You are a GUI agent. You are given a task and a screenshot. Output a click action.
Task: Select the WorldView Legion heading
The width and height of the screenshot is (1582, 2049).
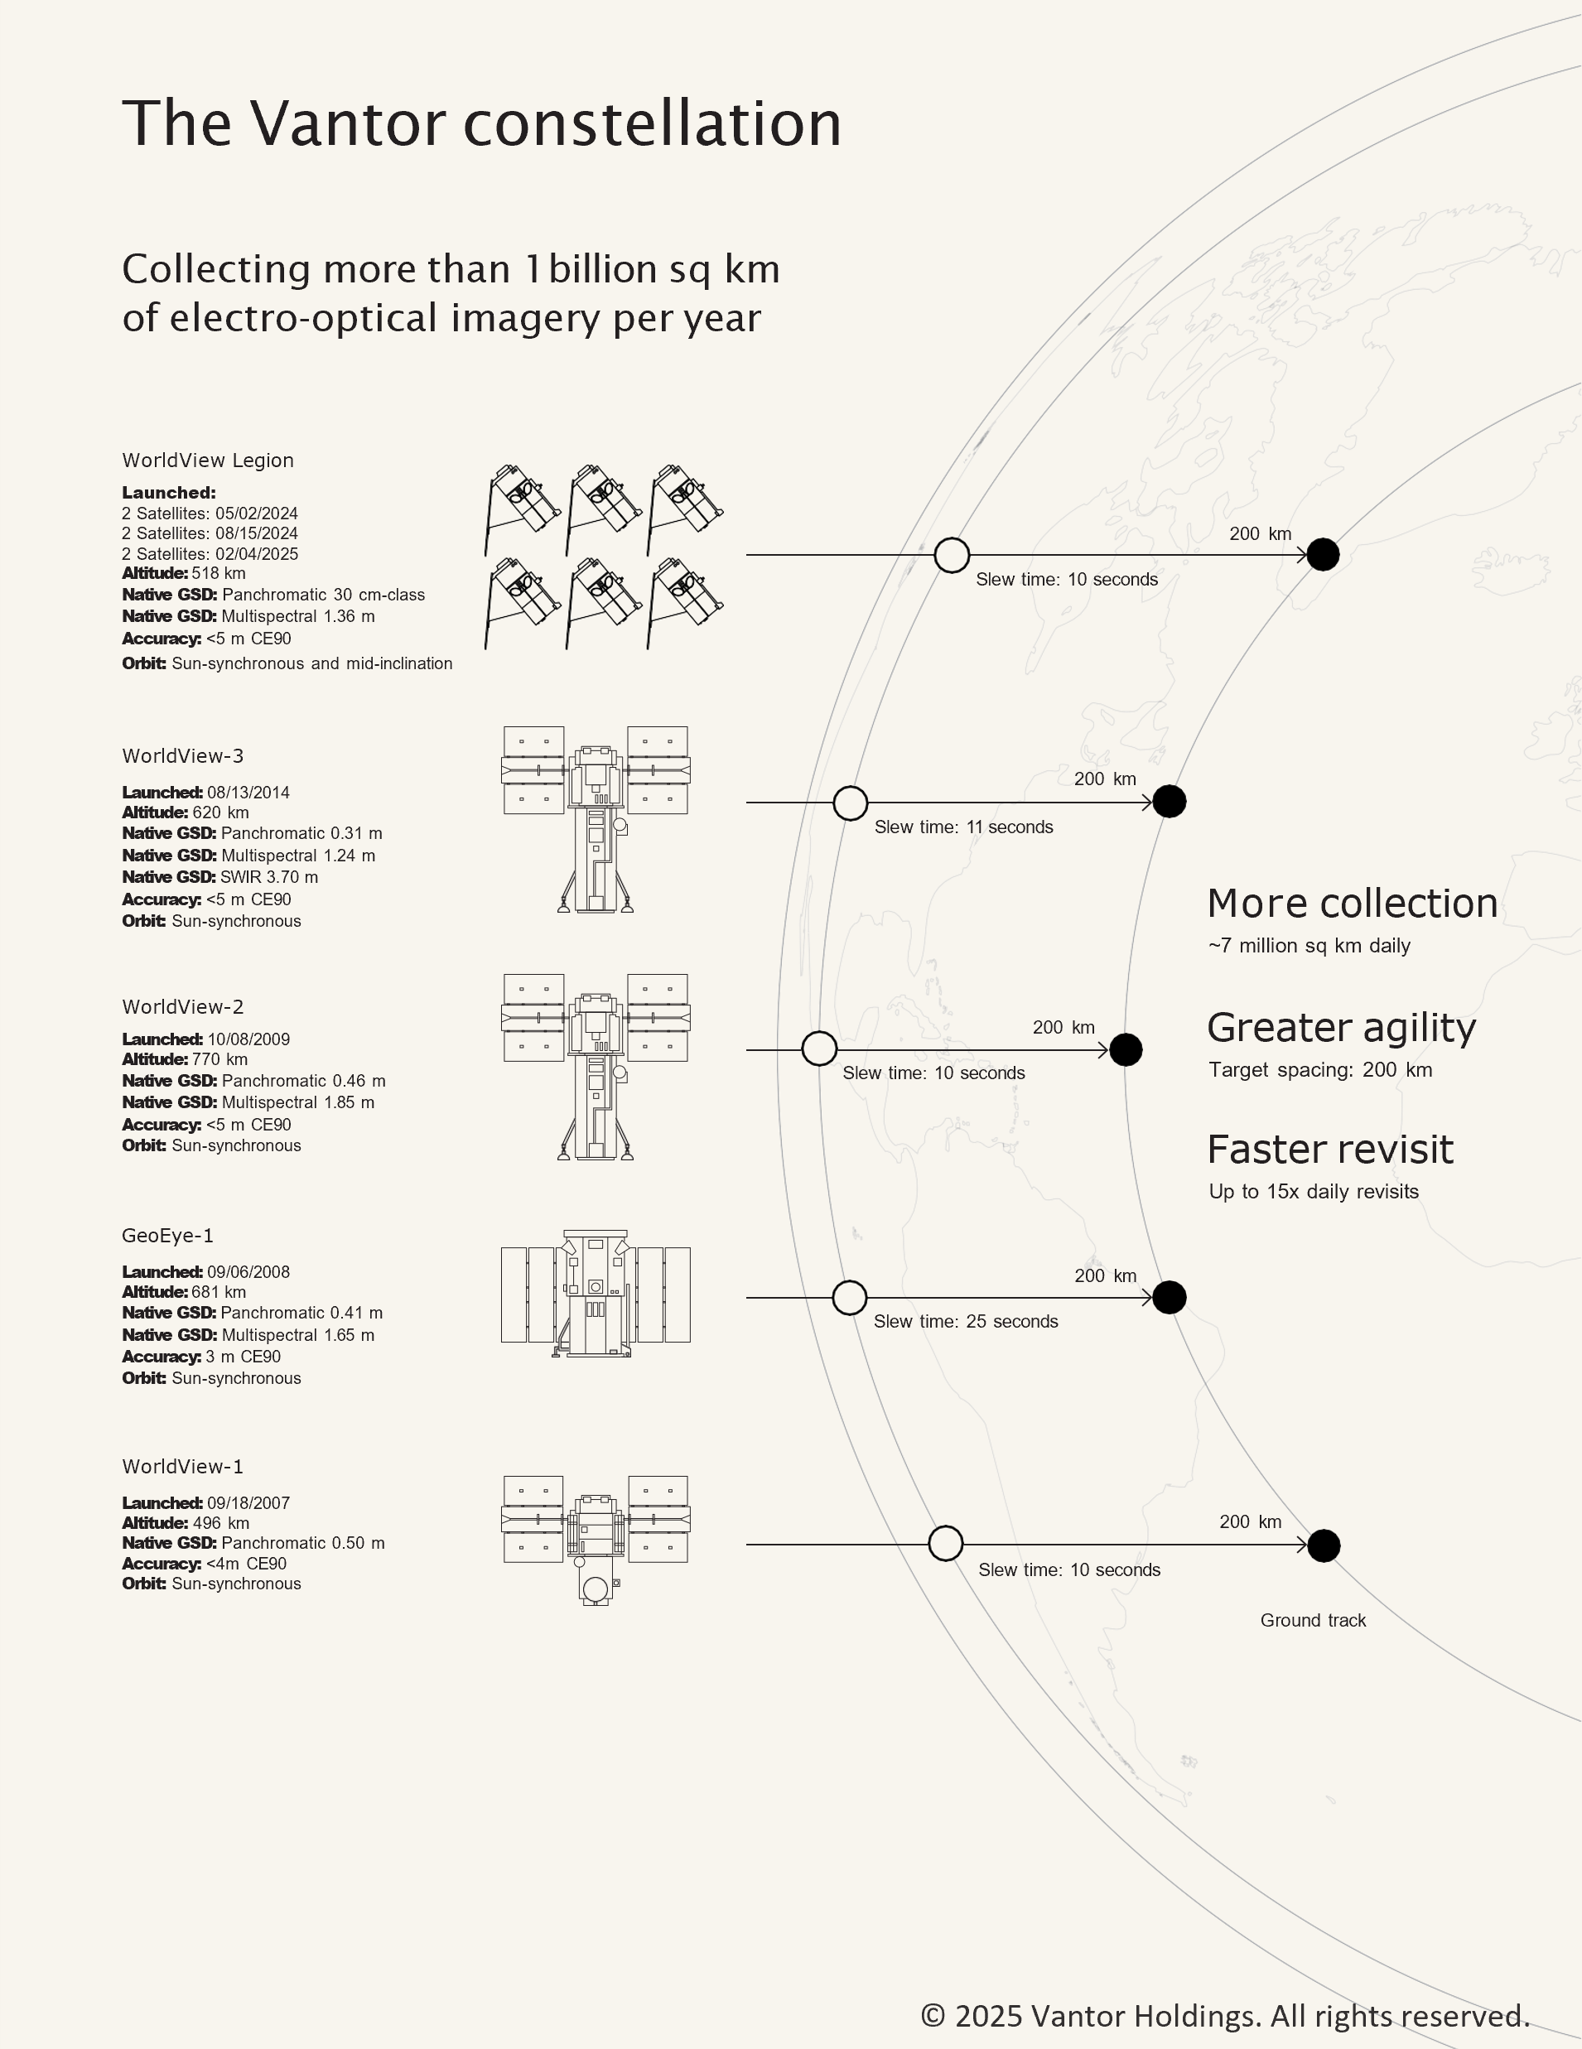coord(207,460)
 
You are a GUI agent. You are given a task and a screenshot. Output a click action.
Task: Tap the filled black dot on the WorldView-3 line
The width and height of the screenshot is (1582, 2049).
coord(1170,803)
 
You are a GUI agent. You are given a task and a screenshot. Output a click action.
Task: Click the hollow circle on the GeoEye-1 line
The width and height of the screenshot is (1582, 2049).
coord(849,1298)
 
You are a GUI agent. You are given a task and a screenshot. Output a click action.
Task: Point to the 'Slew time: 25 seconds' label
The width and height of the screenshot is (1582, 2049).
coord(966,1321)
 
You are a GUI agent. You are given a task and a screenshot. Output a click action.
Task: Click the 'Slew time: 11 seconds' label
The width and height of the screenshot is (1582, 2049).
coord(963,827)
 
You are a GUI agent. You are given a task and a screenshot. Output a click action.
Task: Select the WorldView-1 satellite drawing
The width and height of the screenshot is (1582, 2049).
coord(596,1539)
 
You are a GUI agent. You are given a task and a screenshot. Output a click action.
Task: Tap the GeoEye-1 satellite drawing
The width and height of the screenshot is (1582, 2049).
coord(596,1294)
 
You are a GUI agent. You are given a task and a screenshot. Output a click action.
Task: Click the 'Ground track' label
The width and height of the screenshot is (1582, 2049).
coord(1313,1620)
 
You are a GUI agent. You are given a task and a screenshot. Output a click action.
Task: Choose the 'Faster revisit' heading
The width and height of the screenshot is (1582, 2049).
coord(1329,1150)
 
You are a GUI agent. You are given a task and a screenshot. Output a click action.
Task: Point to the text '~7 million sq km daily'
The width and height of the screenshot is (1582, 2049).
coord(1309,946)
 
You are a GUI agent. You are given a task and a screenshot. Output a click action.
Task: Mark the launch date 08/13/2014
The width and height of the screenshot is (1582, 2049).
coord(248,793)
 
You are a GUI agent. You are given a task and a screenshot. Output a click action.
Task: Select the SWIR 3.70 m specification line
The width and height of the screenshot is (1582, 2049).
coord(219,877)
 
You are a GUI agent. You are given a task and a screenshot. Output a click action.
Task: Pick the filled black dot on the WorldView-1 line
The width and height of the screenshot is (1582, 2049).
coord(1323,1545)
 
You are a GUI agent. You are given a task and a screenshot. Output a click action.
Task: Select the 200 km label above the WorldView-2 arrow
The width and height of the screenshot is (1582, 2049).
coord(1064,1027)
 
